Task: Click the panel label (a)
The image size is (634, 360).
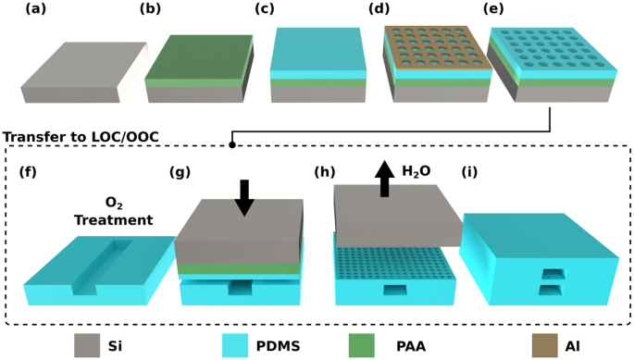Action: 37,11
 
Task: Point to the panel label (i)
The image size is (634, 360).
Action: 473,171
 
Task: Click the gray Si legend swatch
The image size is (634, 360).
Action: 87,344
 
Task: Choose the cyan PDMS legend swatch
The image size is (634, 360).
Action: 235,344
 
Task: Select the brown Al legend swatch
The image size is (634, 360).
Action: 543,344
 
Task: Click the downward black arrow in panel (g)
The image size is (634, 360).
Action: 243,197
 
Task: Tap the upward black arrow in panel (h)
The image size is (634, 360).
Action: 385,175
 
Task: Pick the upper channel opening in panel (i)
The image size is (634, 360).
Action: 553,273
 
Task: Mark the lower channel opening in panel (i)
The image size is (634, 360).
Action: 553,292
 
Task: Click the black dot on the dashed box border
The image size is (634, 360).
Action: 232,145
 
